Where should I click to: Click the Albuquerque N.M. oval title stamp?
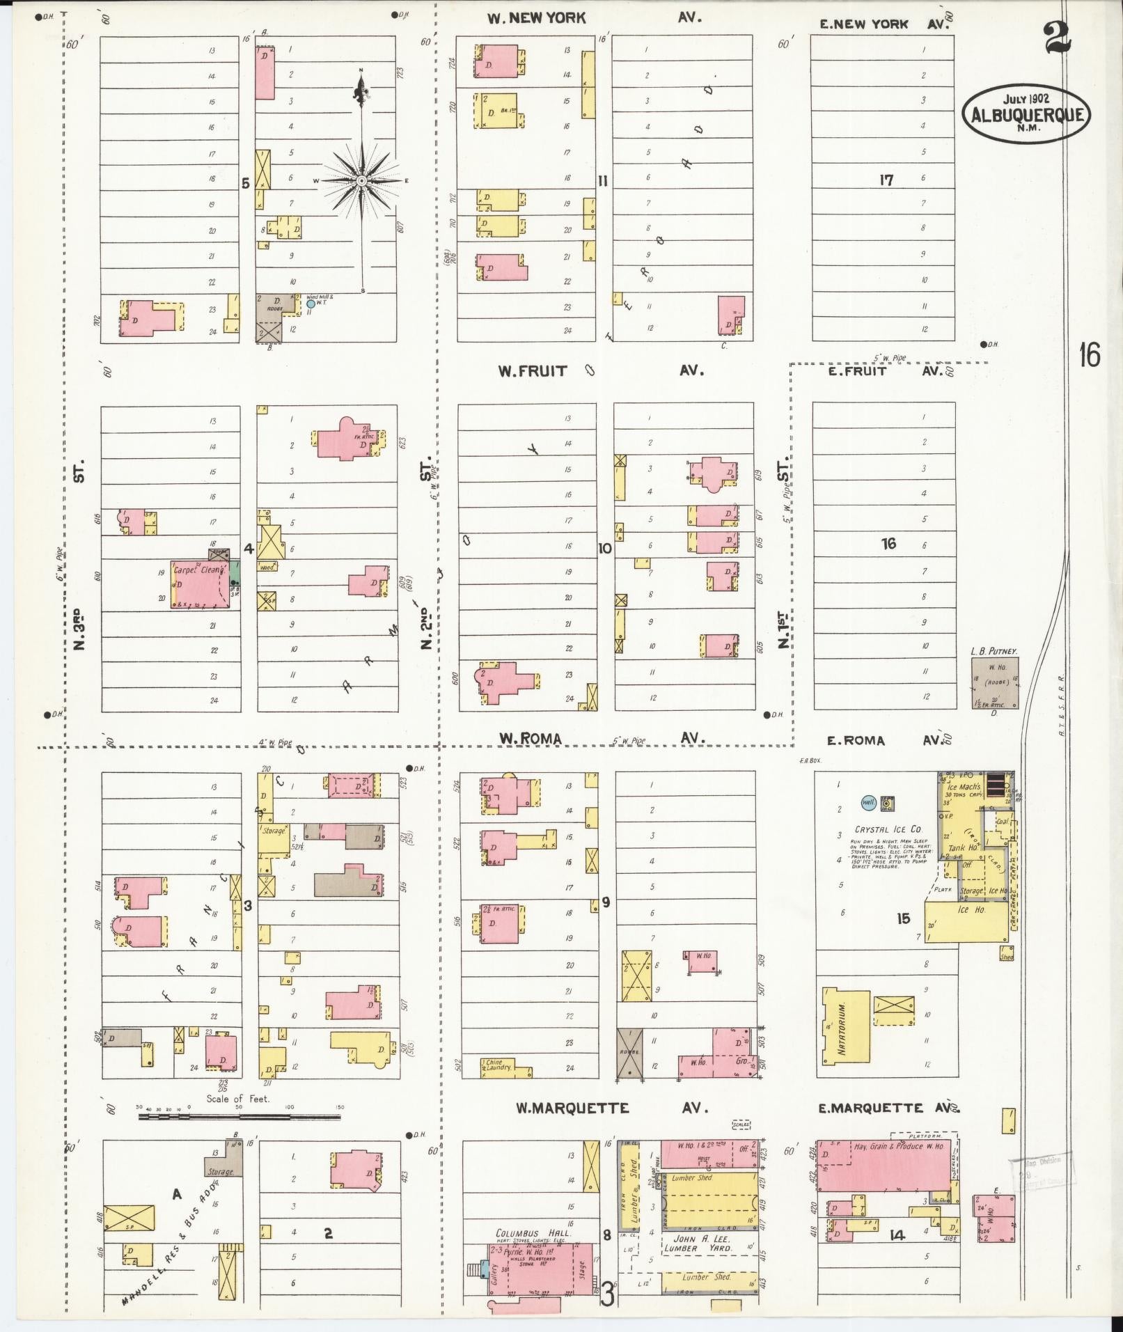point(1026,113)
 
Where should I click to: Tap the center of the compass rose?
point(361,181)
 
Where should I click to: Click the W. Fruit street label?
point(532,371)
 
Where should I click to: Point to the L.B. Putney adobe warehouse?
point(994,683)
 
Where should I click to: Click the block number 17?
point(886,180)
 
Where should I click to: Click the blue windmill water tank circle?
point(311,304)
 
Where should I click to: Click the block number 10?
point(604,548)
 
